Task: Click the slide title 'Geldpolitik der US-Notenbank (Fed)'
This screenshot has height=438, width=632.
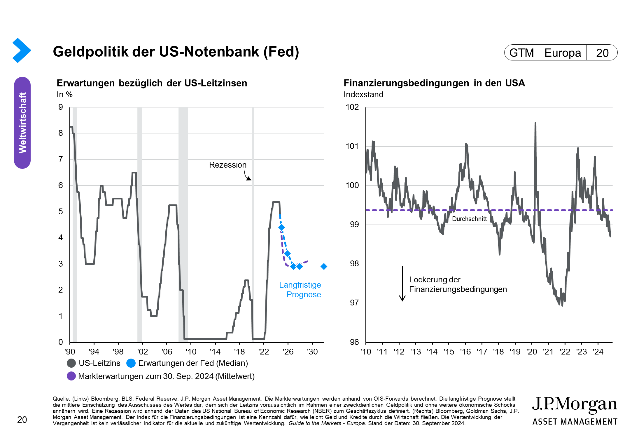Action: [x=176, y=52]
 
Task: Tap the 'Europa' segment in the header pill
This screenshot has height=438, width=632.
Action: [x=563, y=53]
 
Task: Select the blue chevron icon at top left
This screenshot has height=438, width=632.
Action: [x=22, y=50]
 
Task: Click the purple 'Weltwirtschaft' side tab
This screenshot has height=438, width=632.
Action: [x=22, y=123]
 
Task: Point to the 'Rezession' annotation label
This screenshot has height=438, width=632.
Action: [x=228, y=165]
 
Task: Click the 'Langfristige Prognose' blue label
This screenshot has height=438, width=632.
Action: [x=300, y=290]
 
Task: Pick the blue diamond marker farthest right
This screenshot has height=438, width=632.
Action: [x=324, y=266]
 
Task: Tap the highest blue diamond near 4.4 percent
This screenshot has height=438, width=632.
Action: [x=281, y=227]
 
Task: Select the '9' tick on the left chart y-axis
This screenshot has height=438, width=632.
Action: [x=61, y=107]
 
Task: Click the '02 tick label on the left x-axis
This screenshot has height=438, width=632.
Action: [x=142, y=352]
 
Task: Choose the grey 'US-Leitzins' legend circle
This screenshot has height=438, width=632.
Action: [x=71, y=363]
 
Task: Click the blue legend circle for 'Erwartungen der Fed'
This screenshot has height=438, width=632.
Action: [x=131, y=363]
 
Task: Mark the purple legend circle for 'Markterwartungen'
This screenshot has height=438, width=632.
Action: [x=71, y=376]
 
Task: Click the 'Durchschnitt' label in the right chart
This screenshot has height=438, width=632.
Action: [x=469, y=219]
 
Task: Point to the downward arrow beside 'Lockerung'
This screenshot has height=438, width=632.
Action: [x=402, y=283]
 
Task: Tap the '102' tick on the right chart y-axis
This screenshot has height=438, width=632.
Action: [x=352, y=107]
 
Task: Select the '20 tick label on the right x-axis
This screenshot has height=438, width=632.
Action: [x=532, y=352]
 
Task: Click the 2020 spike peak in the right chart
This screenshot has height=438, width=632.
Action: [x=535, y=123]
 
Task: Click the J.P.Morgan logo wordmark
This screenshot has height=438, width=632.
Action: [x=575, y=404]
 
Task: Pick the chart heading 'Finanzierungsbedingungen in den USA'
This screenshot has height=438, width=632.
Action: [x=434, y=83]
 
